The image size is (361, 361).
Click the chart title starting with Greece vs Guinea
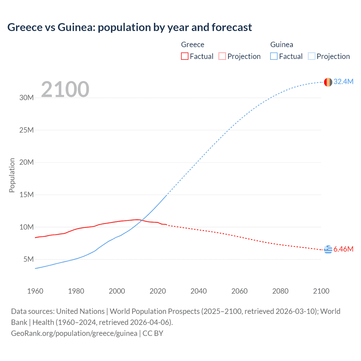click(x=129, y=27)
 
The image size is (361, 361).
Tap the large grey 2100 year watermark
click(x=65, y=89)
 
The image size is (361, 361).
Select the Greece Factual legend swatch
click(x=184, y=56)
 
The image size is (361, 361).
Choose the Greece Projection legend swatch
click(x=222, y=56)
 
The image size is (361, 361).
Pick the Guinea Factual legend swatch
click(x=274, y=56)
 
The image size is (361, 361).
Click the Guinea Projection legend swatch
click(x=311, y=56)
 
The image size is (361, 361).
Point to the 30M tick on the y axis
click(x=27, y=98)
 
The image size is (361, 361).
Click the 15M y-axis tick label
click(x=27, y=195)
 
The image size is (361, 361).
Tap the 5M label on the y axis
click(x=28, y=259)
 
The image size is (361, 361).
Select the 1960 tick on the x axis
click(x=35, y=291)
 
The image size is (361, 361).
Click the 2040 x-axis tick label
click(x=199, y=291)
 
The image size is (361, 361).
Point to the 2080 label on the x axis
click(x=280, y=291)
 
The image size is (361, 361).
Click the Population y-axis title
click(x=12, y=175)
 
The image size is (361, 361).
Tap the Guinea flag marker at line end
click(x=328, y=82)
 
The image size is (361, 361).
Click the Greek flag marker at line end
click(x=328, y=249)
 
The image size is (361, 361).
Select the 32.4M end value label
click(x=343, y=82)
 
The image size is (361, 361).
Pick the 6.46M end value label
click(x=343, y=249)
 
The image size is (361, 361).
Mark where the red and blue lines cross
click(x=142, y=220)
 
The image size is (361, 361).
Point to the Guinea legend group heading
click(x=281, y=45)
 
